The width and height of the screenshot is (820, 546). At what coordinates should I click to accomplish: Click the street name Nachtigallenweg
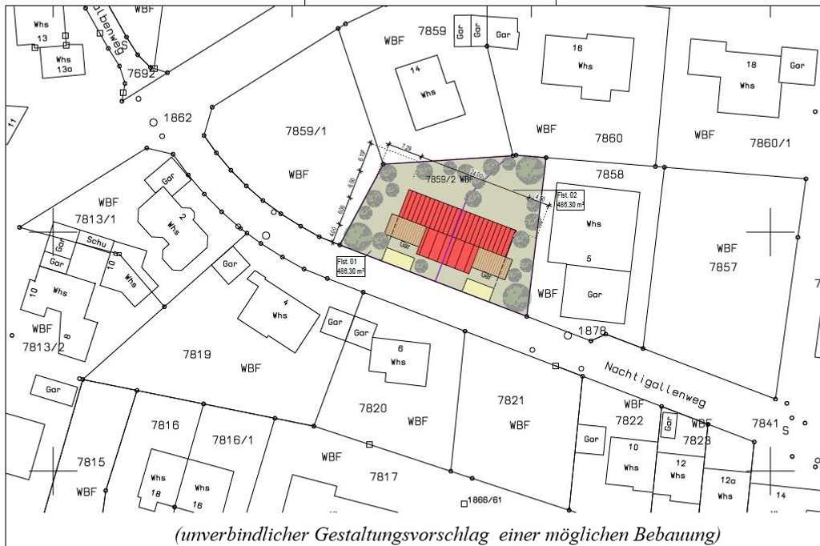[653, 384]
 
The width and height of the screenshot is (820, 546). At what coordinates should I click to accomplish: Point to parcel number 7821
[510, 399]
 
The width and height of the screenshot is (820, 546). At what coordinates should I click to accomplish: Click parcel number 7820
[373, 408]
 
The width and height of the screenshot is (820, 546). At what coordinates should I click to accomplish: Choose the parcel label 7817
[384, 476]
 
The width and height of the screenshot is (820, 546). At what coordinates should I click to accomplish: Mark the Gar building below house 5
[594, 294]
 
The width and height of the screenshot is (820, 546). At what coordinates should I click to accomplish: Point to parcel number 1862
[178, 117]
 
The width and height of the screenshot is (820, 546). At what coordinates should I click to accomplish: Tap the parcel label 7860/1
[770, 143]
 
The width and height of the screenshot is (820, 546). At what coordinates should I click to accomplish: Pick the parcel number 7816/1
[233, 440]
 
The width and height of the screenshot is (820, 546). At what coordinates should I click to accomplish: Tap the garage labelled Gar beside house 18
[797, 65]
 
